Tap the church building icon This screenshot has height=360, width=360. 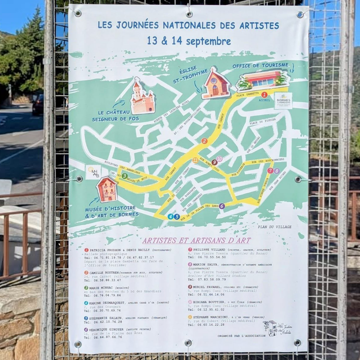coord(216,84)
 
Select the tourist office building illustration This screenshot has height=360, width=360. coord(263,81)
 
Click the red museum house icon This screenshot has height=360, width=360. coord(107,189)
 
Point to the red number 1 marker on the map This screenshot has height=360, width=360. coord(264,94)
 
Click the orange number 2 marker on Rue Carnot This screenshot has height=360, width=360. coord(204,141)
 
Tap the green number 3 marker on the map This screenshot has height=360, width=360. coord(125,176)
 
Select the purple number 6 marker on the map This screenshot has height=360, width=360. coord(222,206)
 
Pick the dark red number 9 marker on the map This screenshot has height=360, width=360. coord(214,162)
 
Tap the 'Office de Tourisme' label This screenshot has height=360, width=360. coord(261,66)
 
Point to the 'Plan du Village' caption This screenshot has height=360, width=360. coord(275,227)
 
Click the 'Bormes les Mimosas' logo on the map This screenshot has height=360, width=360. coord(283,101)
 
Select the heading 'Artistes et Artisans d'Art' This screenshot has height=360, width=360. coord(197,240)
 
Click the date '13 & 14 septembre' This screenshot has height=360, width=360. coord(189,41)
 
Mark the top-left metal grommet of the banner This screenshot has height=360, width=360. coord(78,13)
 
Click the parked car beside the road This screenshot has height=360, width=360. coord(38,104)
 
